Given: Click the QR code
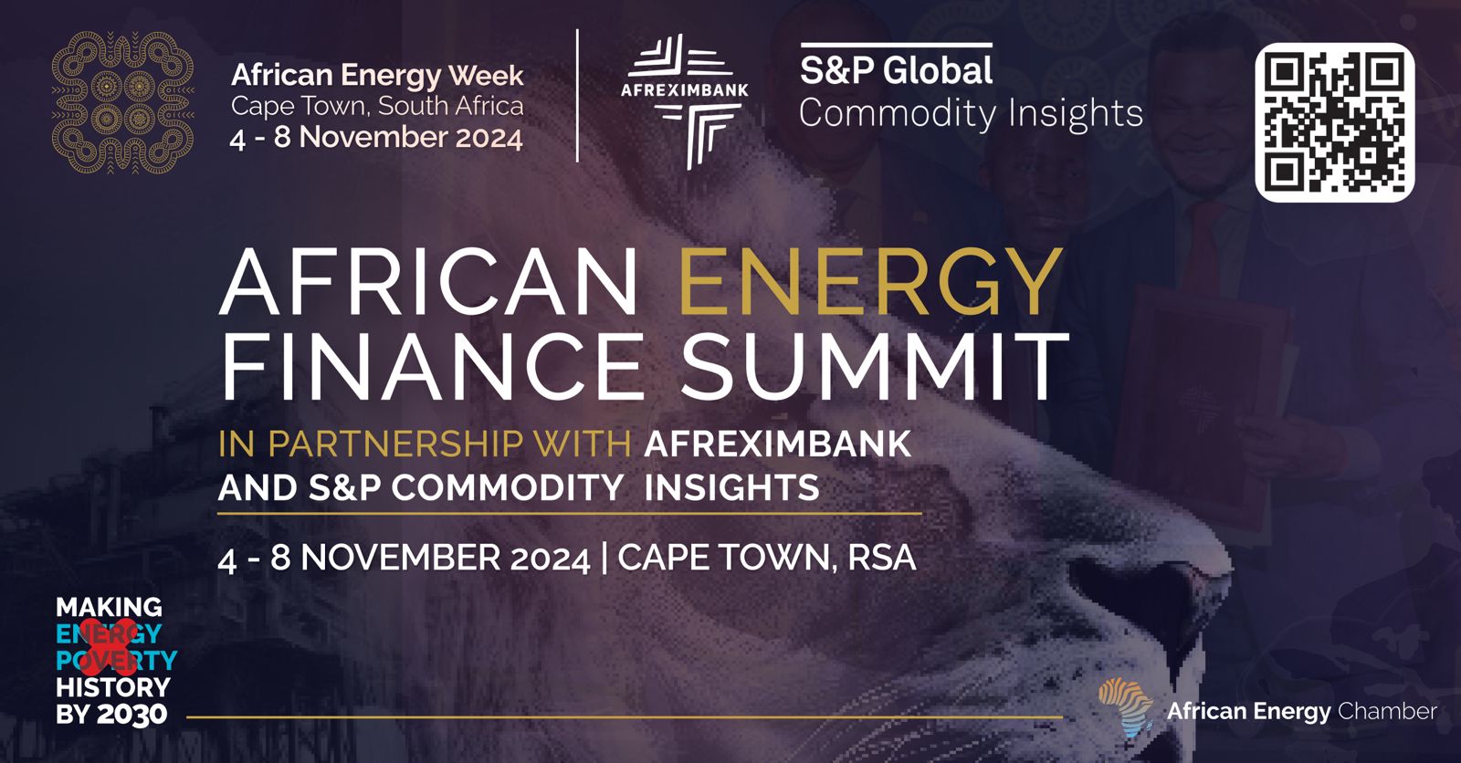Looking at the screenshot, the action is tap(1334, 122).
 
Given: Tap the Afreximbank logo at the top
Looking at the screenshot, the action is tap(684, 101).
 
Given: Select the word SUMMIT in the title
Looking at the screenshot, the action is tap(874, 367).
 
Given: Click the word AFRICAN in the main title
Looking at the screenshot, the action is tap(428, 282).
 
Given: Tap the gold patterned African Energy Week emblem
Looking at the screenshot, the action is tap(122, 102).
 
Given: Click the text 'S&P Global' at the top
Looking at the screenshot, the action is tap(896, 70).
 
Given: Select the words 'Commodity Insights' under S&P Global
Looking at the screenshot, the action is tap(971, 113).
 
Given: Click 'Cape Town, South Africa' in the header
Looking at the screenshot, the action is tap(377, 106).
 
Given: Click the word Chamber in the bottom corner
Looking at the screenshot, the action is tap(1387, 711).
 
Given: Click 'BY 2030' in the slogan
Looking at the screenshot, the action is tap(111, 714).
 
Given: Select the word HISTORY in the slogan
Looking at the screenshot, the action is tap(113, 687).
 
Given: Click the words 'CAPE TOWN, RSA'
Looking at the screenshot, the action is tap(766, 559).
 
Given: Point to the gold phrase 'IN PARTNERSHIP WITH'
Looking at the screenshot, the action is tap(425, 444).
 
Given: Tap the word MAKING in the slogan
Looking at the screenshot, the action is tap(109, 607).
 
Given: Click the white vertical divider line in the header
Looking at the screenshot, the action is tap(577, 95).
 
